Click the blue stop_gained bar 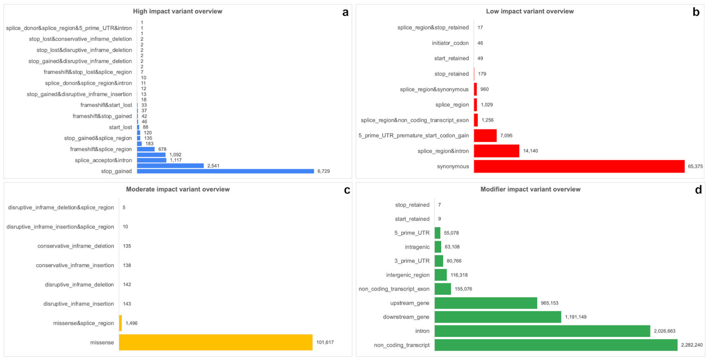225,171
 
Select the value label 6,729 323,171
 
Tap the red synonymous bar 579,166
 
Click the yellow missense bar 216,342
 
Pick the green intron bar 542,331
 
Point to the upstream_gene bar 486,303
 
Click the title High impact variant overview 177,11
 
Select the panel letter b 696,12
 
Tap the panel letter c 347,190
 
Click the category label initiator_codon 450,43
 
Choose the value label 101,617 325,342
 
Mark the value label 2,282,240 691,345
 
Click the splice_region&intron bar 496,151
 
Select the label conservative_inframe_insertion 75,265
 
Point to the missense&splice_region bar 120,323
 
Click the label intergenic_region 408,275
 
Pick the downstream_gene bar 498,317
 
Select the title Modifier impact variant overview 530,189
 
